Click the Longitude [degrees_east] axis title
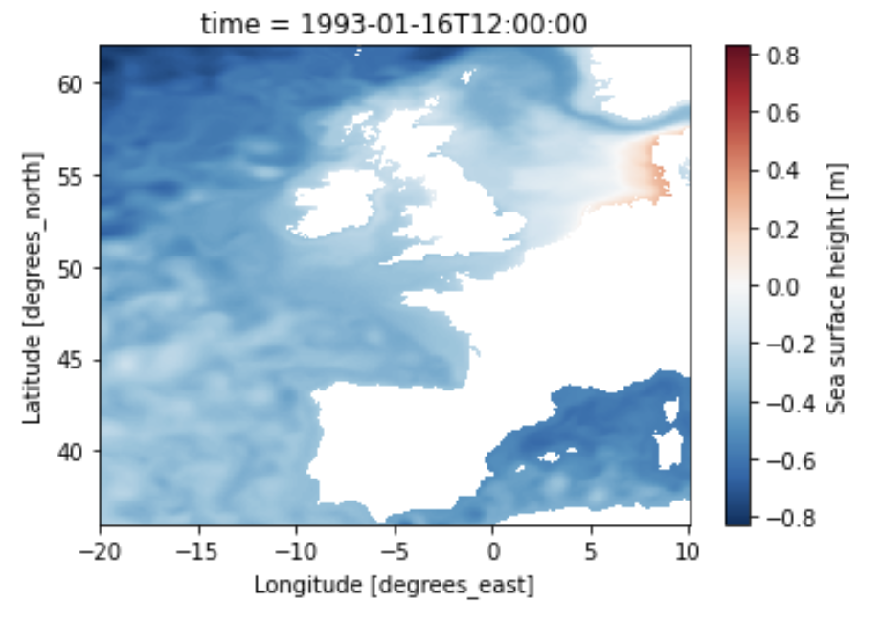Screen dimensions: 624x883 click(x=394, y=583)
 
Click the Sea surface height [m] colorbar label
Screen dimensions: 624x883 click(x=837, y=284)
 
